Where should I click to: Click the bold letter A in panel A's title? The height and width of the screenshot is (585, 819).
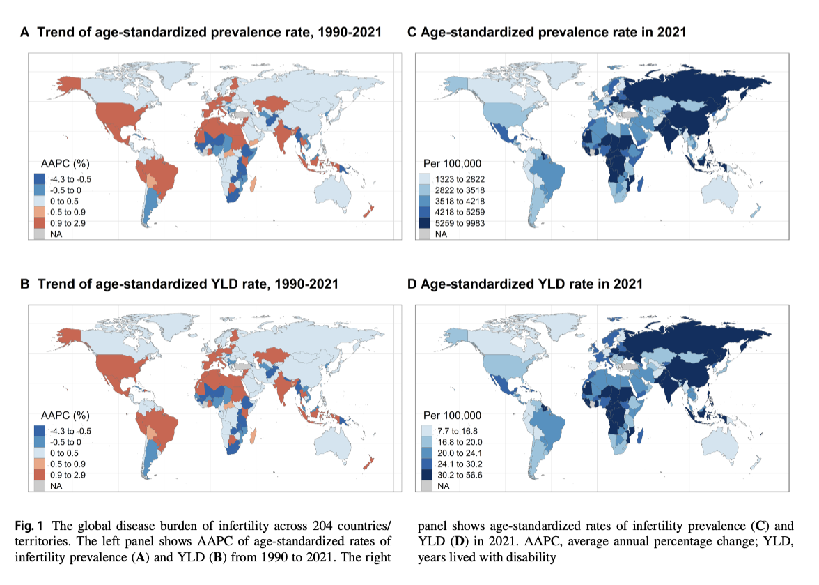point(24,32)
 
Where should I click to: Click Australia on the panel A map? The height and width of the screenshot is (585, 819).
point(341,188)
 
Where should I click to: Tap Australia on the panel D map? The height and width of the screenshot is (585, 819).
point(731,439)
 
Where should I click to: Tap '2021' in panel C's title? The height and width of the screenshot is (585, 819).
point(671,32)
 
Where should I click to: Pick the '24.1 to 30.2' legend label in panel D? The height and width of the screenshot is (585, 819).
point(460,464)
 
